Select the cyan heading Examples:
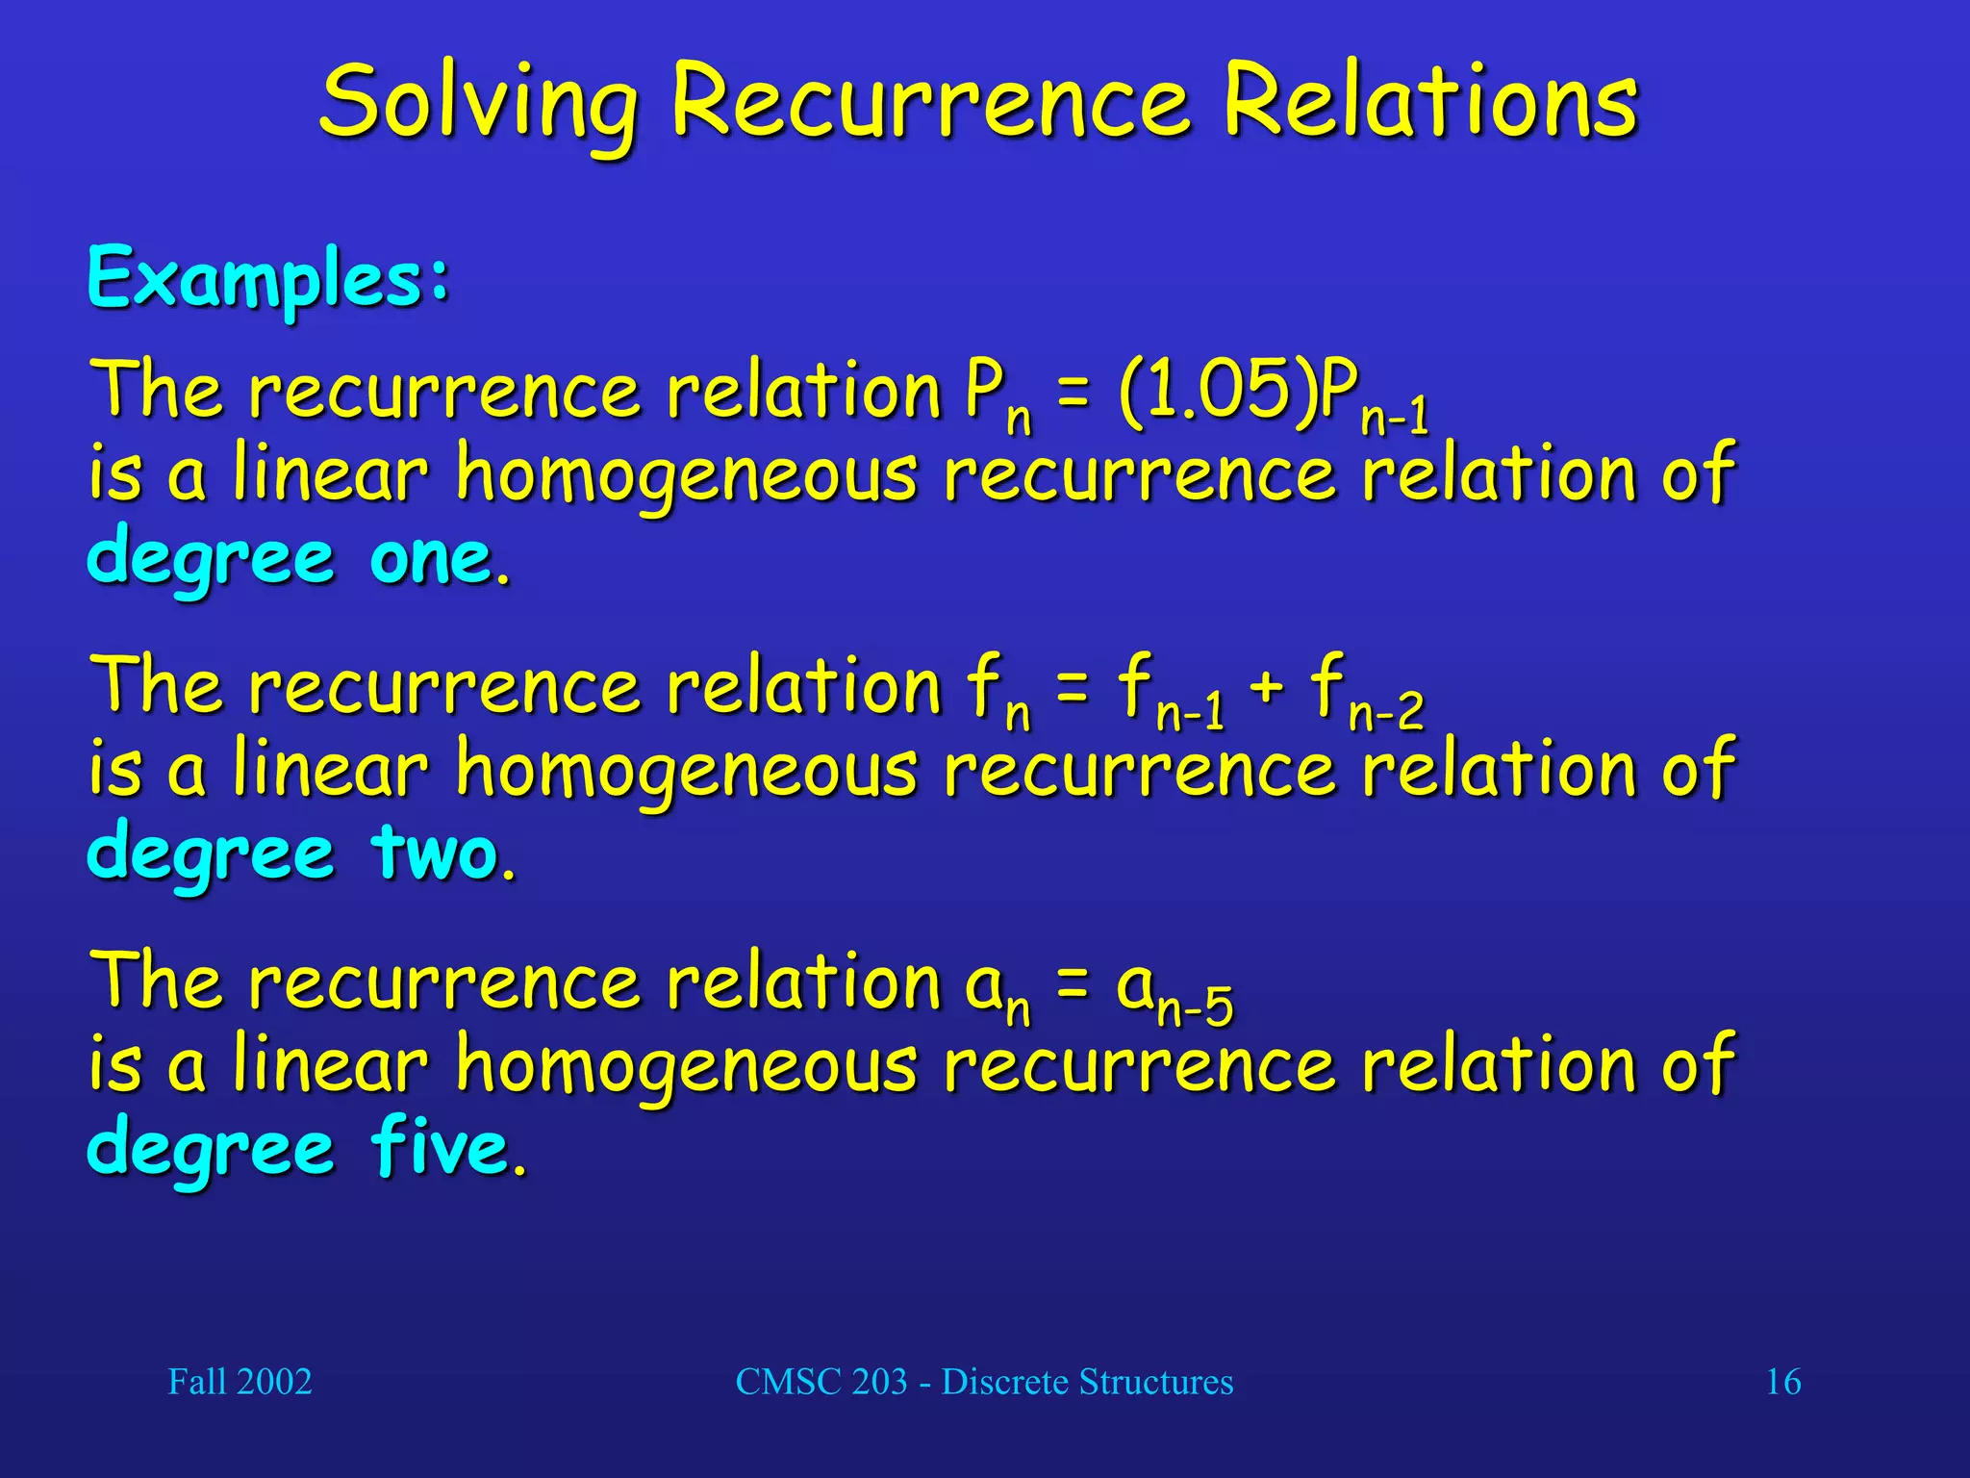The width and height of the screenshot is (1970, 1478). [x=268, y=278]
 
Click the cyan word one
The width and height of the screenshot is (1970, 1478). [x=433, y=558]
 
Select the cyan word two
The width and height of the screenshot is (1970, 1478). [x=438, y=854]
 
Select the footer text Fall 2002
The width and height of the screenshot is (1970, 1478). [x=240, y=1382]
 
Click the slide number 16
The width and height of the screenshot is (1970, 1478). [x=1782, y=1382]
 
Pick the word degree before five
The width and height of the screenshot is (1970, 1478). [x=211, y=1150]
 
